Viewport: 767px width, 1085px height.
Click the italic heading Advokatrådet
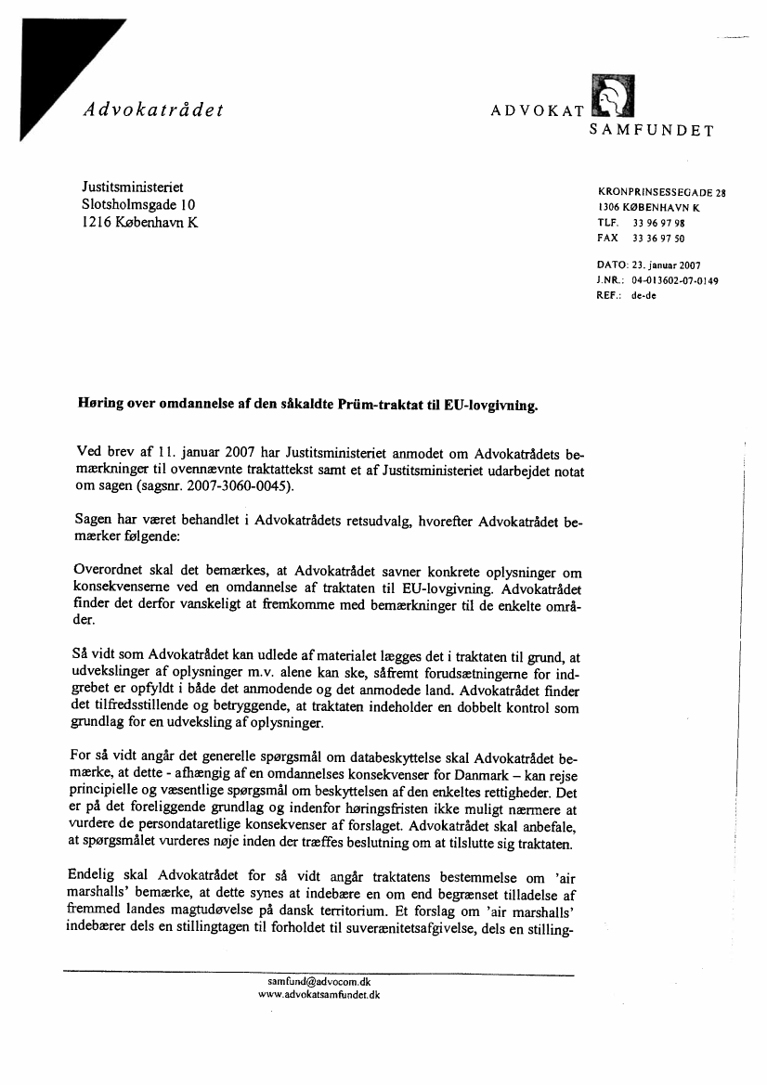[x=153, y=110]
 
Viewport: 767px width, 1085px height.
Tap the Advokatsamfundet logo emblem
[x=611, y=97]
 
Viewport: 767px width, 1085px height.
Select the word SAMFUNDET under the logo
[x=651, y=131]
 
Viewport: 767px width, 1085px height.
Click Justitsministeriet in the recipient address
[x=133, y=187]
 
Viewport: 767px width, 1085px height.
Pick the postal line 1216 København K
[x=140, y=223]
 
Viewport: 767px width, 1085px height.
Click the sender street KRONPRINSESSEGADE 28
[x=661, y=193]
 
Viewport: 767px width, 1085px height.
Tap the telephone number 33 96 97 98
[x=658, y=224]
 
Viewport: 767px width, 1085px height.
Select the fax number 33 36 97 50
[x=658, y=238]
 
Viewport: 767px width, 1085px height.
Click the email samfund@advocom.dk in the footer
[x=319, y=981]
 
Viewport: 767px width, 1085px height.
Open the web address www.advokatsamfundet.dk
[x=319, y=994]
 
